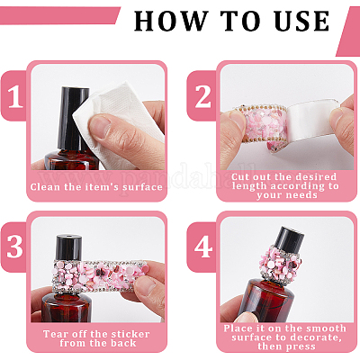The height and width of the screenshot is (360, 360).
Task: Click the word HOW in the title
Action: click(171, 21)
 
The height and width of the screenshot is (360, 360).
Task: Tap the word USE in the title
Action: click(301, 21)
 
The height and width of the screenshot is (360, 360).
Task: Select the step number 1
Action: click(14, 96)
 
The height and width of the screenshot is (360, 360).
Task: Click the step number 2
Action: click(203, 96)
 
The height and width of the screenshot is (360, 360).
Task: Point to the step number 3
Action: click(14, 247)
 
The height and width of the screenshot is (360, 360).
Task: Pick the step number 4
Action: click(203, 247)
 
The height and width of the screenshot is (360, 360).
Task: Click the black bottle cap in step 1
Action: click(75, 119)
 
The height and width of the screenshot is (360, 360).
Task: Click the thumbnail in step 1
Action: click(101, 127)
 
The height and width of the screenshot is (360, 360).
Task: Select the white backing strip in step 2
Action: click(312, 119)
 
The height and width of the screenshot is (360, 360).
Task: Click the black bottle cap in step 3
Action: click(68, 247)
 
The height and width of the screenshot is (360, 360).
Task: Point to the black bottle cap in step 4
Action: click(290, 238)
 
